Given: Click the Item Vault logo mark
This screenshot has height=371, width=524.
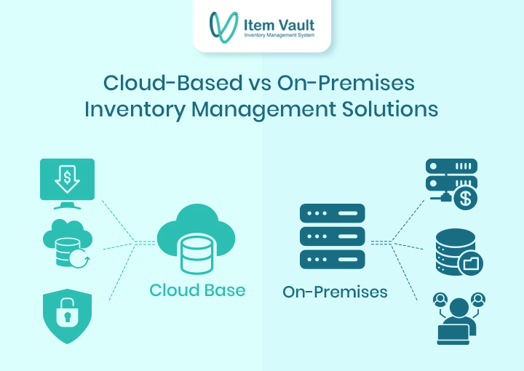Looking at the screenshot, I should pyautogui.click(x=223, y=26).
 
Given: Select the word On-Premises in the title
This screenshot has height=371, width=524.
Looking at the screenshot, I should pyautogui.click(x=346, y=83).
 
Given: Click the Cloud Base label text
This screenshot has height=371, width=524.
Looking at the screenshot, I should pyautogui.click(x=197, y=290).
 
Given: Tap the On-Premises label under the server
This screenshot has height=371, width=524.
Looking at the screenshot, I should pyautogui.click(x=335, y=292).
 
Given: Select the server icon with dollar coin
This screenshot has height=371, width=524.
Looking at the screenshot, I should pyautogui.click(x=451, y=182).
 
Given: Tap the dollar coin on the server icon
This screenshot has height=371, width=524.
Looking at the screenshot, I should pyautogui.click(x=464, y=197).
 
